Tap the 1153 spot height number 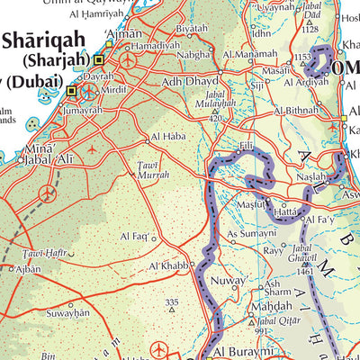tap(301, 58)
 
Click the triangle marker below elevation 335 tap(174, 311)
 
